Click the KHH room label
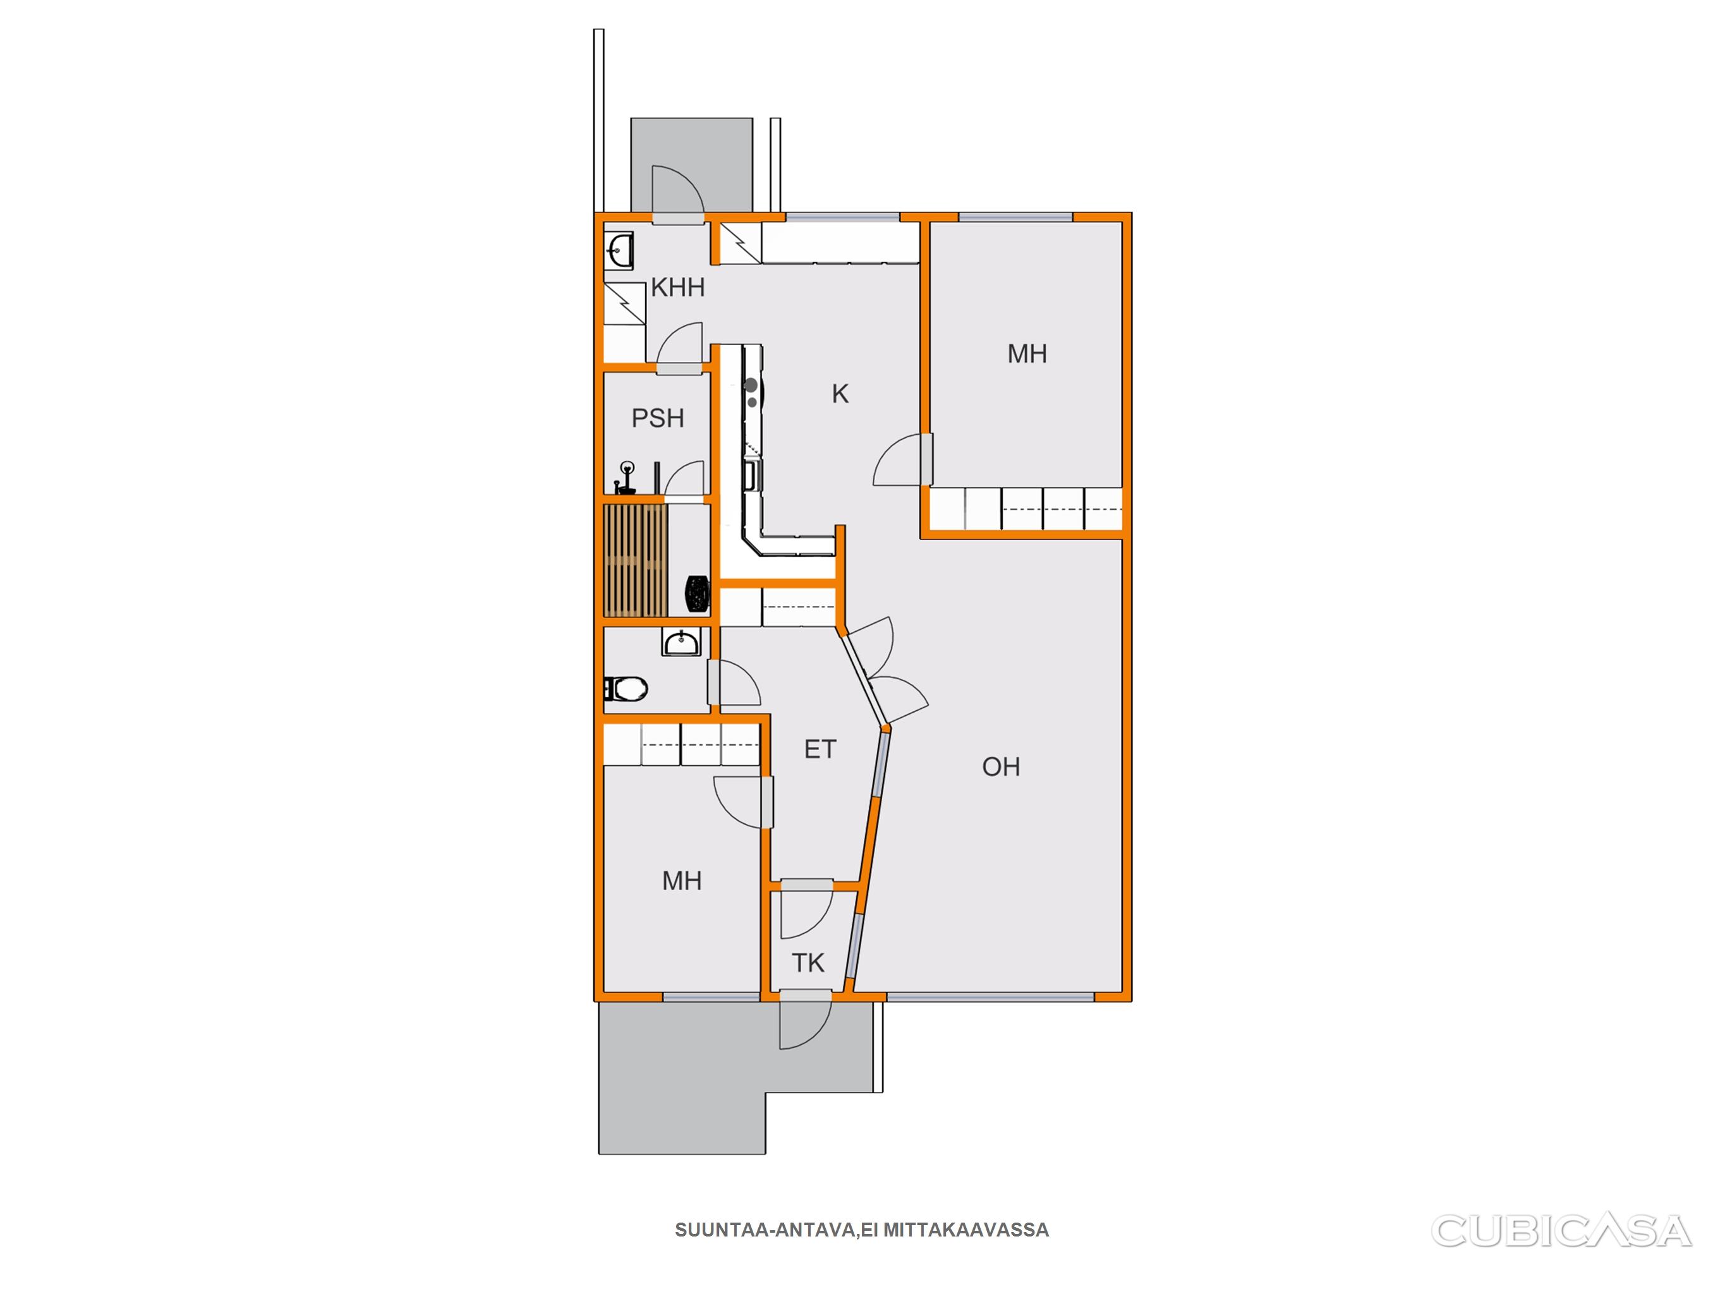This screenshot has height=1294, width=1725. (x=677, y=288)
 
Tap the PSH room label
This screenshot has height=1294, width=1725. (x=657, y=418)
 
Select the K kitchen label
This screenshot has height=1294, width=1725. (x=840, y=394)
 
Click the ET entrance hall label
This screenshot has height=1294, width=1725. (x=820, y=749)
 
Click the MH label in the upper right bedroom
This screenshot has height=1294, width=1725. (x=1027, y=353)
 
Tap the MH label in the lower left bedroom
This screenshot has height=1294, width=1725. (x=682, y=881)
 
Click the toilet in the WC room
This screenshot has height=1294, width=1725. (x=626, y=689)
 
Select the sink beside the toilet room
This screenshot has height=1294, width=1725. (x=682, y=643)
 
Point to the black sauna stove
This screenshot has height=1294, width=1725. (x=697, y=593)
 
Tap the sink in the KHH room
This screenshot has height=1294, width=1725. (x=619, y=250)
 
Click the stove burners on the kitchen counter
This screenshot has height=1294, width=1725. (x=752, y=392)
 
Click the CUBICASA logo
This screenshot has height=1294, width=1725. (x=1561, y=1230)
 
